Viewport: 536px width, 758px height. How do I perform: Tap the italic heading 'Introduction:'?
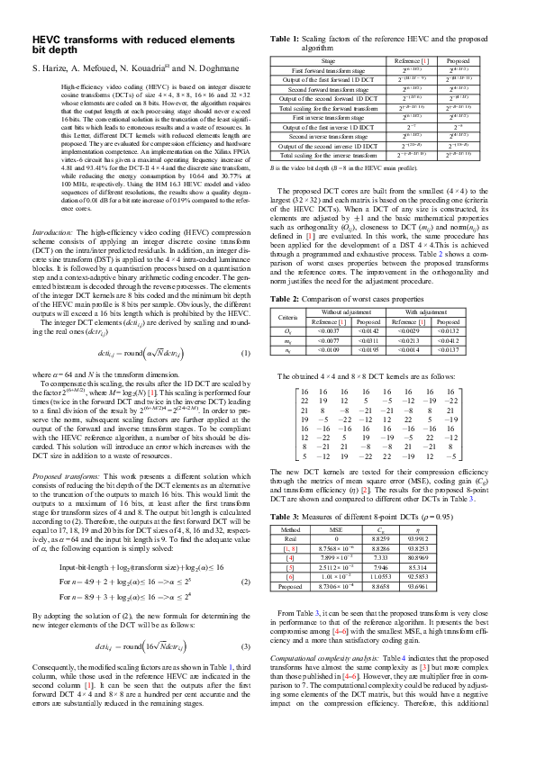53,232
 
